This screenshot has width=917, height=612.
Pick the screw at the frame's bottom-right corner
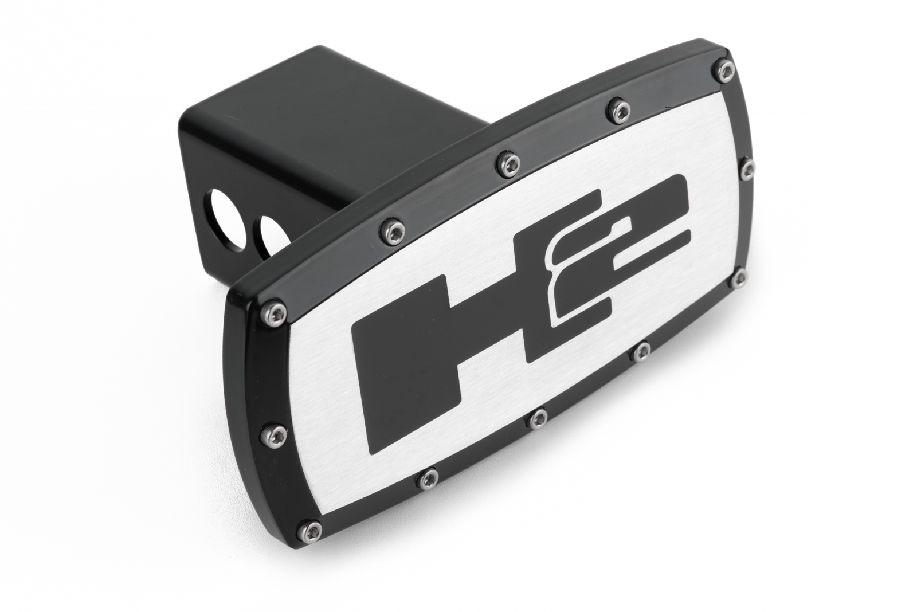739,278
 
